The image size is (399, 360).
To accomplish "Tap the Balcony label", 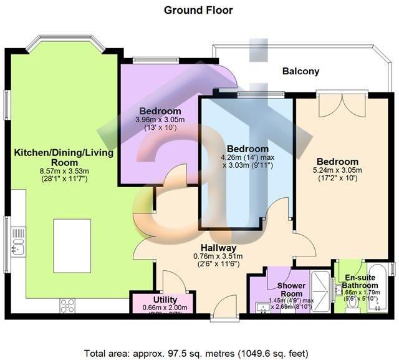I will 300,71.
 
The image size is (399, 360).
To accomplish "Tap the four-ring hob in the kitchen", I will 67,306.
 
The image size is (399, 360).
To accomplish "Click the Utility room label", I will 152,300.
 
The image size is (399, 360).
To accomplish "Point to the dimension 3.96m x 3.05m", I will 160,120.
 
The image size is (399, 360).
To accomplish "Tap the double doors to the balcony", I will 330,104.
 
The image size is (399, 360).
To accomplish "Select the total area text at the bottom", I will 198,350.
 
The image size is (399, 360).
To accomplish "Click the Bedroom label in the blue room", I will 248,149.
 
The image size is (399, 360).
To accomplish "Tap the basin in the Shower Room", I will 262,306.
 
